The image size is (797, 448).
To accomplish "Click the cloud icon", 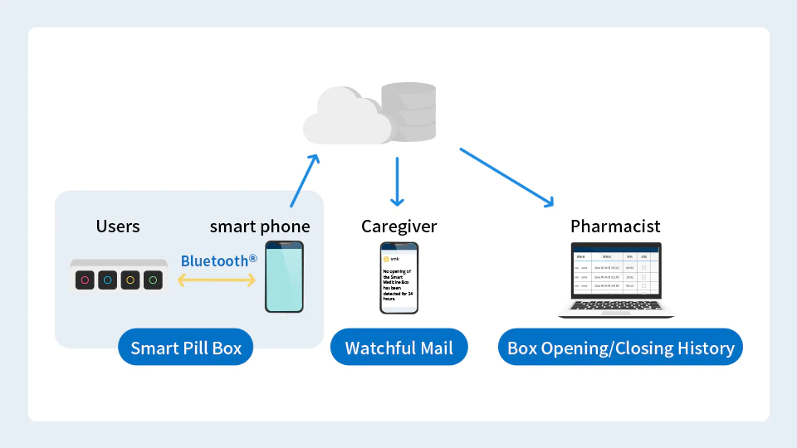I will (345, 118).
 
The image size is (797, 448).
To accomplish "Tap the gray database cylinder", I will (408, 112).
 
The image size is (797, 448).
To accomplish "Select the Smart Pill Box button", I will (186, 348).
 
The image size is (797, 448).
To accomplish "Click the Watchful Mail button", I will (399, 348).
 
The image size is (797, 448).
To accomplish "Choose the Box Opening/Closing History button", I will (620, 348).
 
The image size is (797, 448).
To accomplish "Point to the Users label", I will (118, 226).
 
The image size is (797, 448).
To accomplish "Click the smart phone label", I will (259, 226).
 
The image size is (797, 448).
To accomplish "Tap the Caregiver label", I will (398, 226).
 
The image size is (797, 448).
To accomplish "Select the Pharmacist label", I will (615, 226).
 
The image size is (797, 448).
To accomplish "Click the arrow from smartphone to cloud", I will (304, 180).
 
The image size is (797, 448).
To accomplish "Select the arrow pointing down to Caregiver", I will (397, 182).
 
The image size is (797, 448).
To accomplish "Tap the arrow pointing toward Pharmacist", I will (506, 177).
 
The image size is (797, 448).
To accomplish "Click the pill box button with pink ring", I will (85, 280).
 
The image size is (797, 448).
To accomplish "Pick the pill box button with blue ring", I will (107, 280).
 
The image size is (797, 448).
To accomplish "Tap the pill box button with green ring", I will (153, 280).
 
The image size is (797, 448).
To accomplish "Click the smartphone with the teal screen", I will (284, 277).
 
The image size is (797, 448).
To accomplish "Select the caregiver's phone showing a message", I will (398, 278).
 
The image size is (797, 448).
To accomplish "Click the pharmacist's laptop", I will (615, 280).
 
